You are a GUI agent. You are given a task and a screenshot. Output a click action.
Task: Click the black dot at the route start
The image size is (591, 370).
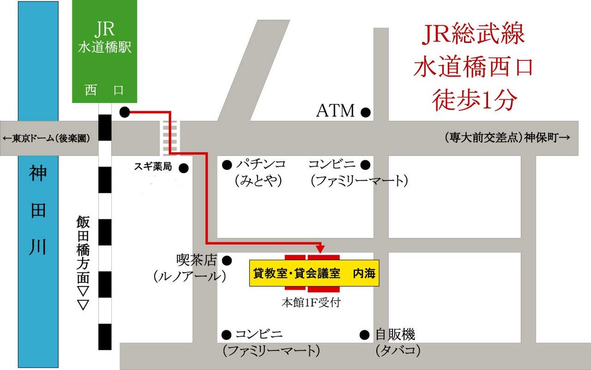(x=125, y=113)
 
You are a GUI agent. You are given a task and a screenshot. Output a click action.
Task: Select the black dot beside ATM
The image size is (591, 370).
(x=365, y=113)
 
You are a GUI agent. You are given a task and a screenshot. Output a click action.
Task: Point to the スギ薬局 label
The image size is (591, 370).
(x=153, y=167)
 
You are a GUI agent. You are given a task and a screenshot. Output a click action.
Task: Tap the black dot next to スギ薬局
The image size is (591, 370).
(x=184, y=168)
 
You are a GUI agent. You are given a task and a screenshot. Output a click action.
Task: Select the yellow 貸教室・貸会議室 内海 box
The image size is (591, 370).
(x=314, y=274)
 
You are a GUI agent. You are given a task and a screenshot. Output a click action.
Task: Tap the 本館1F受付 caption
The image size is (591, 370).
(x=310, y=303)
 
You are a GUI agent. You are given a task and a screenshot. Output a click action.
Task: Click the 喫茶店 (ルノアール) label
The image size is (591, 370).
(x=190, y=268)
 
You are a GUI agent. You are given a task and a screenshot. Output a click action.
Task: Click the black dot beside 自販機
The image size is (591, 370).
(x=365, y=335)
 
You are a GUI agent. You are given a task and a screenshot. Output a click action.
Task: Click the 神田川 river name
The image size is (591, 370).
(x=37, y=212)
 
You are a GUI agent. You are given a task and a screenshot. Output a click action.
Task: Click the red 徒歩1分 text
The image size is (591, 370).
(x=474, y=100)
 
